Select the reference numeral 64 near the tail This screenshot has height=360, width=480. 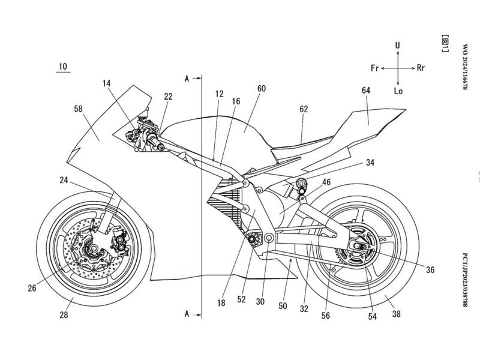[366, 90]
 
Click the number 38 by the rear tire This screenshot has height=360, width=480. [397, 312]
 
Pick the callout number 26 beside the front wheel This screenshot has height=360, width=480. [32, 289]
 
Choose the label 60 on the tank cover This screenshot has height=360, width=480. [262, 89]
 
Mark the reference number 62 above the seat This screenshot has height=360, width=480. [304, 109]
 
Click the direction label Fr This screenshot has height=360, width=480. [376, 69]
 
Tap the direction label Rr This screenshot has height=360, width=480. [420, 69]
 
